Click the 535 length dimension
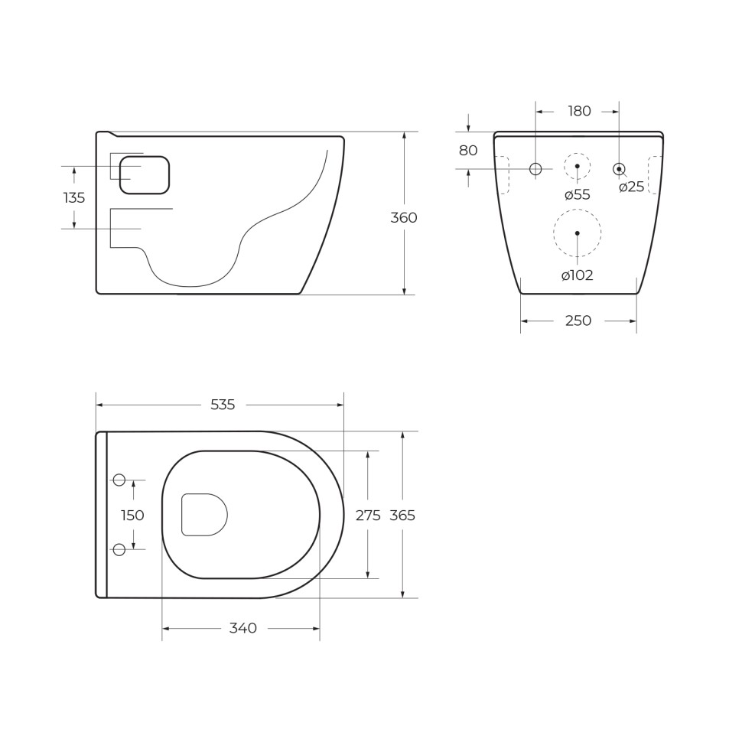tap(223, 405)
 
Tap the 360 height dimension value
tap(404, 218)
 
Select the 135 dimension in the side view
tap(74, 198)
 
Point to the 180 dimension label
tap(579, 112)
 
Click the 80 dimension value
tap(468, 151)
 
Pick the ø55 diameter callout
tap(578, 195)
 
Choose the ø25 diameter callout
tap(632, 187)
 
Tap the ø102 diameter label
tap(578, 276)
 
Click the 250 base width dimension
tap(578, 321)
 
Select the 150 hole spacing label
tap(132, 516)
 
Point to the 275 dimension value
tap(368, 516)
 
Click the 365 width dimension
tap(402, 516)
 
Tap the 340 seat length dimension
tap(243, 629)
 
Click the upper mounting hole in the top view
tap(119, 480)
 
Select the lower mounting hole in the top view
tap(119, 549)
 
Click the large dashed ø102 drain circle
tap(578, 233)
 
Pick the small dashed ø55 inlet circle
tap(578, 166)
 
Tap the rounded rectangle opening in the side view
tap(145, 175)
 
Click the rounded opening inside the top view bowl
tap(204, 515)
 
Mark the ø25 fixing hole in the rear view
tap(619, 169)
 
